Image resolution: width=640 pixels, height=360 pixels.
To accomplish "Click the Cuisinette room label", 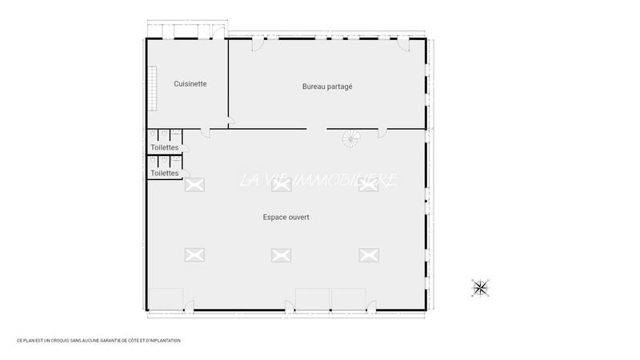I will [190, 83].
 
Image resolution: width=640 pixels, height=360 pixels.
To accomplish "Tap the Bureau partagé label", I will [327, 86].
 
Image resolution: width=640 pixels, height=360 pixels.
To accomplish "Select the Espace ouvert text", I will [286, 217].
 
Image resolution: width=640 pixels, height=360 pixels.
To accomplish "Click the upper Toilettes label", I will [164, 148].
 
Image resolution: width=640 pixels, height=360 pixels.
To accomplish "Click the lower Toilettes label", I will [164, 173].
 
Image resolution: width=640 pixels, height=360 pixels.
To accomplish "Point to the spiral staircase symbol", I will [351, 139].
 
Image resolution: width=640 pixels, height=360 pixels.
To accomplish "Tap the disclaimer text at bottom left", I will [98, 340].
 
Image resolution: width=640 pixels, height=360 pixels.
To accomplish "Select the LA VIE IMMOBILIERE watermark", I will [318, 181].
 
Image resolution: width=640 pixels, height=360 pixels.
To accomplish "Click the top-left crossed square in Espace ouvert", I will [194, 185].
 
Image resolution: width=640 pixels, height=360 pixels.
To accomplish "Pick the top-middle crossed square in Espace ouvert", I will [280, 185].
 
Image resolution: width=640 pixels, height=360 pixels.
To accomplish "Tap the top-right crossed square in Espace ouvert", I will [368, 185].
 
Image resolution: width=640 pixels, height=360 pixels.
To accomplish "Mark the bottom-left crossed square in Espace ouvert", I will [194, 254].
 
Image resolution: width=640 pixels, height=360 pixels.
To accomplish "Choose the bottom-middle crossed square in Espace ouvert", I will [280, 254].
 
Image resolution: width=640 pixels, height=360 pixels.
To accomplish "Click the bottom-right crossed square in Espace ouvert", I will [368, 254].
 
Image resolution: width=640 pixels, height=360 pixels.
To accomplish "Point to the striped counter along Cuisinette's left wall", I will [150, 88].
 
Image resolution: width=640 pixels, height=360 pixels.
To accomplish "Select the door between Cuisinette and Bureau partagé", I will [230, 123].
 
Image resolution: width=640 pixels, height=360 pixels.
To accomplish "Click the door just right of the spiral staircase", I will [382, 133].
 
